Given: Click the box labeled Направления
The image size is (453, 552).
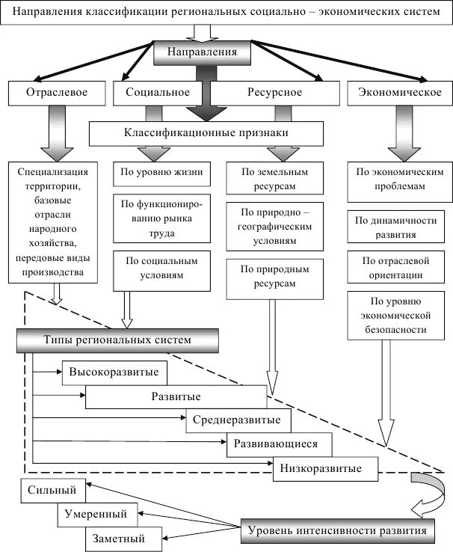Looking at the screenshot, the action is coord(203,53).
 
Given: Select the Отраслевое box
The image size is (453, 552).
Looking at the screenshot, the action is coord(57,93).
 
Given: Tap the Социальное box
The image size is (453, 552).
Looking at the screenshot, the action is coord(158,93).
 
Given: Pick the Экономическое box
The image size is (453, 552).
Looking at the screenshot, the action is coord(399,93).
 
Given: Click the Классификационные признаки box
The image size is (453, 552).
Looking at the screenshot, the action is coord(206,134).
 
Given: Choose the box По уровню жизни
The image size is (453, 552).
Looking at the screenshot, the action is coord(161,174).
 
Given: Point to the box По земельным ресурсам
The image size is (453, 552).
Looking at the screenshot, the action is coord(274,178).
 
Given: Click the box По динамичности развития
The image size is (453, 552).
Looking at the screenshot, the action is coord(395,227).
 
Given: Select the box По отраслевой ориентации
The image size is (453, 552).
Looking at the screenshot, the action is coord(395,267).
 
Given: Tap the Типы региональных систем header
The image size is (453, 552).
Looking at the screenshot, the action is coord(117,340).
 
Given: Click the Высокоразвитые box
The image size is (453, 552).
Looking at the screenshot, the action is coord(114,372).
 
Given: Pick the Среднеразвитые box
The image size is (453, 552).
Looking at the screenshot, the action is coord(238,420).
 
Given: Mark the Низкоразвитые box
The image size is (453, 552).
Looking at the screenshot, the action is coord(326,469).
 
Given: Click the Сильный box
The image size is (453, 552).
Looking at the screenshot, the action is coord(53,491).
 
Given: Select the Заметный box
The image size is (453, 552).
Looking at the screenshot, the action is coord(123,539).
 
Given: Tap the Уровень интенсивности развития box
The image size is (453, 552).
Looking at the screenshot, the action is coord(338,530).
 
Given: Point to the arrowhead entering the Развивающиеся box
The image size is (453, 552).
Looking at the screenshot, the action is coord(224,441).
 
